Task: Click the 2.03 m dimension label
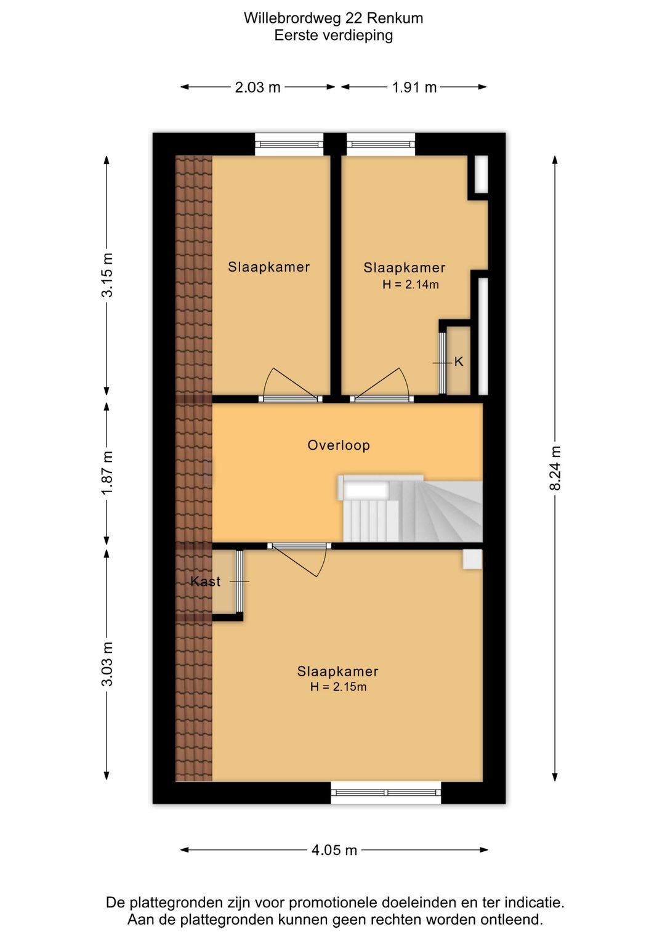pos(257,87)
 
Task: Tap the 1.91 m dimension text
pos(414,87)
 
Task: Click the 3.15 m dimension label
pos(107,275)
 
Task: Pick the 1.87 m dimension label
pos(107,473)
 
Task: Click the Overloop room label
pos(339,445)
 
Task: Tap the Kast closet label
pos(205,581)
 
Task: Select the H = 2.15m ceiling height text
pos(338,687)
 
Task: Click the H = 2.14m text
pos(410,285)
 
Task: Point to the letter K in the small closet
pos(459,362)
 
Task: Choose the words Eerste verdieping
pos(334,35)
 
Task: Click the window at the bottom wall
pos(386,792)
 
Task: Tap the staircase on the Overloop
pos(410,508)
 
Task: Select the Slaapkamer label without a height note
pos(268,267)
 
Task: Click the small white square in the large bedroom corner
pos(472,559)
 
